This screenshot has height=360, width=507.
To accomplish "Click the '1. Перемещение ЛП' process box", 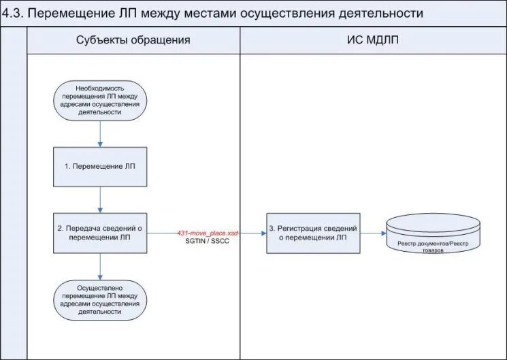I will pyautogui.click(x=100, y=166).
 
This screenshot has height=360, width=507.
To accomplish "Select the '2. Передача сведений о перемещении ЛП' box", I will pyautogui.click(x=100, y=233).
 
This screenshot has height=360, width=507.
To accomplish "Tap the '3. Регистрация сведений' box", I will pyautogui.click(x=313, y=233).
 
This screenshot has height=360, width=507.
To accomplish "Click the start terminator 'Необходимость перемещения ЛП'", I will pyautogui.click(x=100, y=101).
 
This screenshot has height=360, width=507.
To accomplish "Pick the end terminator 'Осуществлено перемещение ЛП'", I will pyautogui.click(x=100, y=299).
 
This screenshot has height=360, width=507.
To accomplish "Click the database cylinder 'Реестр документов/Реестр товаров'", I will pyautogui.click(x=433, y=234).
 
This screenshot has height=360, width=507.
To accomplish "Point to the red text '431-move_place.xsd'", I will pyautogui.click(x=208, y=233).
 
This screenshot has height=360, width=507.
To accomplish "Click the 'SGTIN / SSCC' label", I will pyautogui.click(x=208, y=242).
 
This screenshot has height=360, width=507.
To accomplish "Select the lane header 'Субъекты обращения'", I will pyautogui.click(x=133, y=40).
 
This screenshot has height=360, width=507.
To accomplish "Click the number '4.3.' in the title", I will pyautogui.click(x=15, y=13).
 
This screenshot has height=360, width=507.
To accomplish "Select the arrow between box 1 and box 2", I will pyautogui.click(x=100, y=199).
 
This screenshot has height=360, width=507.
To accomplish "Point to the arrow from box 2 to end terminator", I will pyautogui.click(x=100, y=266).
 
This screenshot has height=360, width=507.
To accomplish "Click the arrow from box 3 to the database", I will pyautogui.click(x=373, y=233).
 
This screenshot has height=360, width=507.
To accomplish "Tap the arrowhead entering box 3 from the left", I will pyautogui.click(x=263, y=233).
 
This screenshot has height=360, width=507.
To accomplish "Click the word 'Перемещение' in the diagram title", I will pyautogui.click(x=73, y=13).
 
